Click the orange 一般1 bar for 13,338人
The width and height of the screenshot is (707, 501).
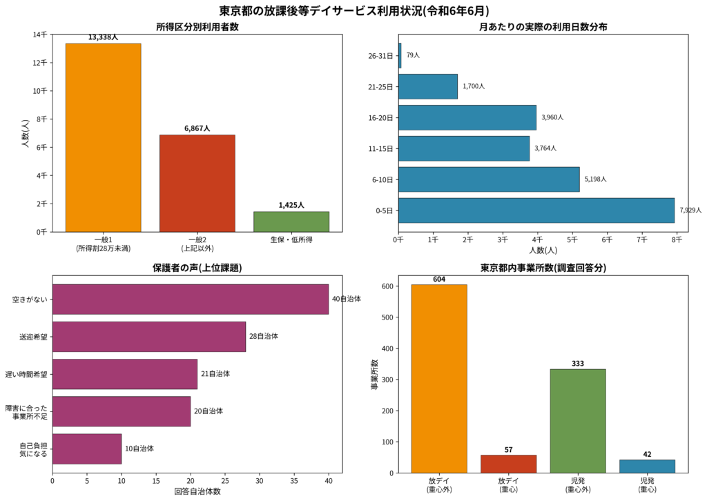point(103,137)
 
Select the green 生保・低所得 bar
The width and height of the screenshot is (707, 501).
point(291,222)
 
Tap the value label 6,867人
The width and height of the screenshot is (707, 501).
point(197,128)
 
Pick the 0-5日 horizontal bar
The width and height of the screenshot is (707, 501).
point(536,210)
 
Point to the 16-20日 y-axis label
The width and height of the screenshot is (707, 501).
point(381,117)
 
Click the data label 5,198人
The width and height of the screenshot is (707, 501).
point(595,179)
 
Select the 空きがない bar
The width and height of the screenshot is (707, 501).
point(190,299)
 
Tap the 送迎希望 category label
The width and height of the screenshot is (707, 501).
point(34,337)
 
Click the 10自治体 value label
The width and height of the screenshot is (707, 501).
point(139,449)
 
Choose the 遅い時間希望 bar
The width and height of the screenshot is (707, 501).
point(124,374)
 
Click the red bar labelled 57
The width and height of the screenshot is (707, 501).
point(508,464)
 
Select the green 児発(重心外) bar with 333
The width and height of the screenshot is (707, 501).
point(577,421)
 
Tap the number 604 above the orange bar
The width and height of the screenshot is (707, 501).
point(439,279)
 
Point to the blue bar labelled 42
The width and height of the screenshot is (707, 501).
point(647,466)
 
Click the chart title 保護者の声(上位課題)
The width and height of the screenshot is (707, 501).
point(197,268)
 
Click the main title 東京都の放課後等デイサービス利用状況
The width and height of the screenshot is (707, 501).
point(353,10)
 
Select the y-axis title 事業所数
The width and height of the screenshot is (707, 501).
point(374,375)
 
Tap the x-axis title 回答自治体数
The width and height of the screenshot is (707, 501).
point(197,491)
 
